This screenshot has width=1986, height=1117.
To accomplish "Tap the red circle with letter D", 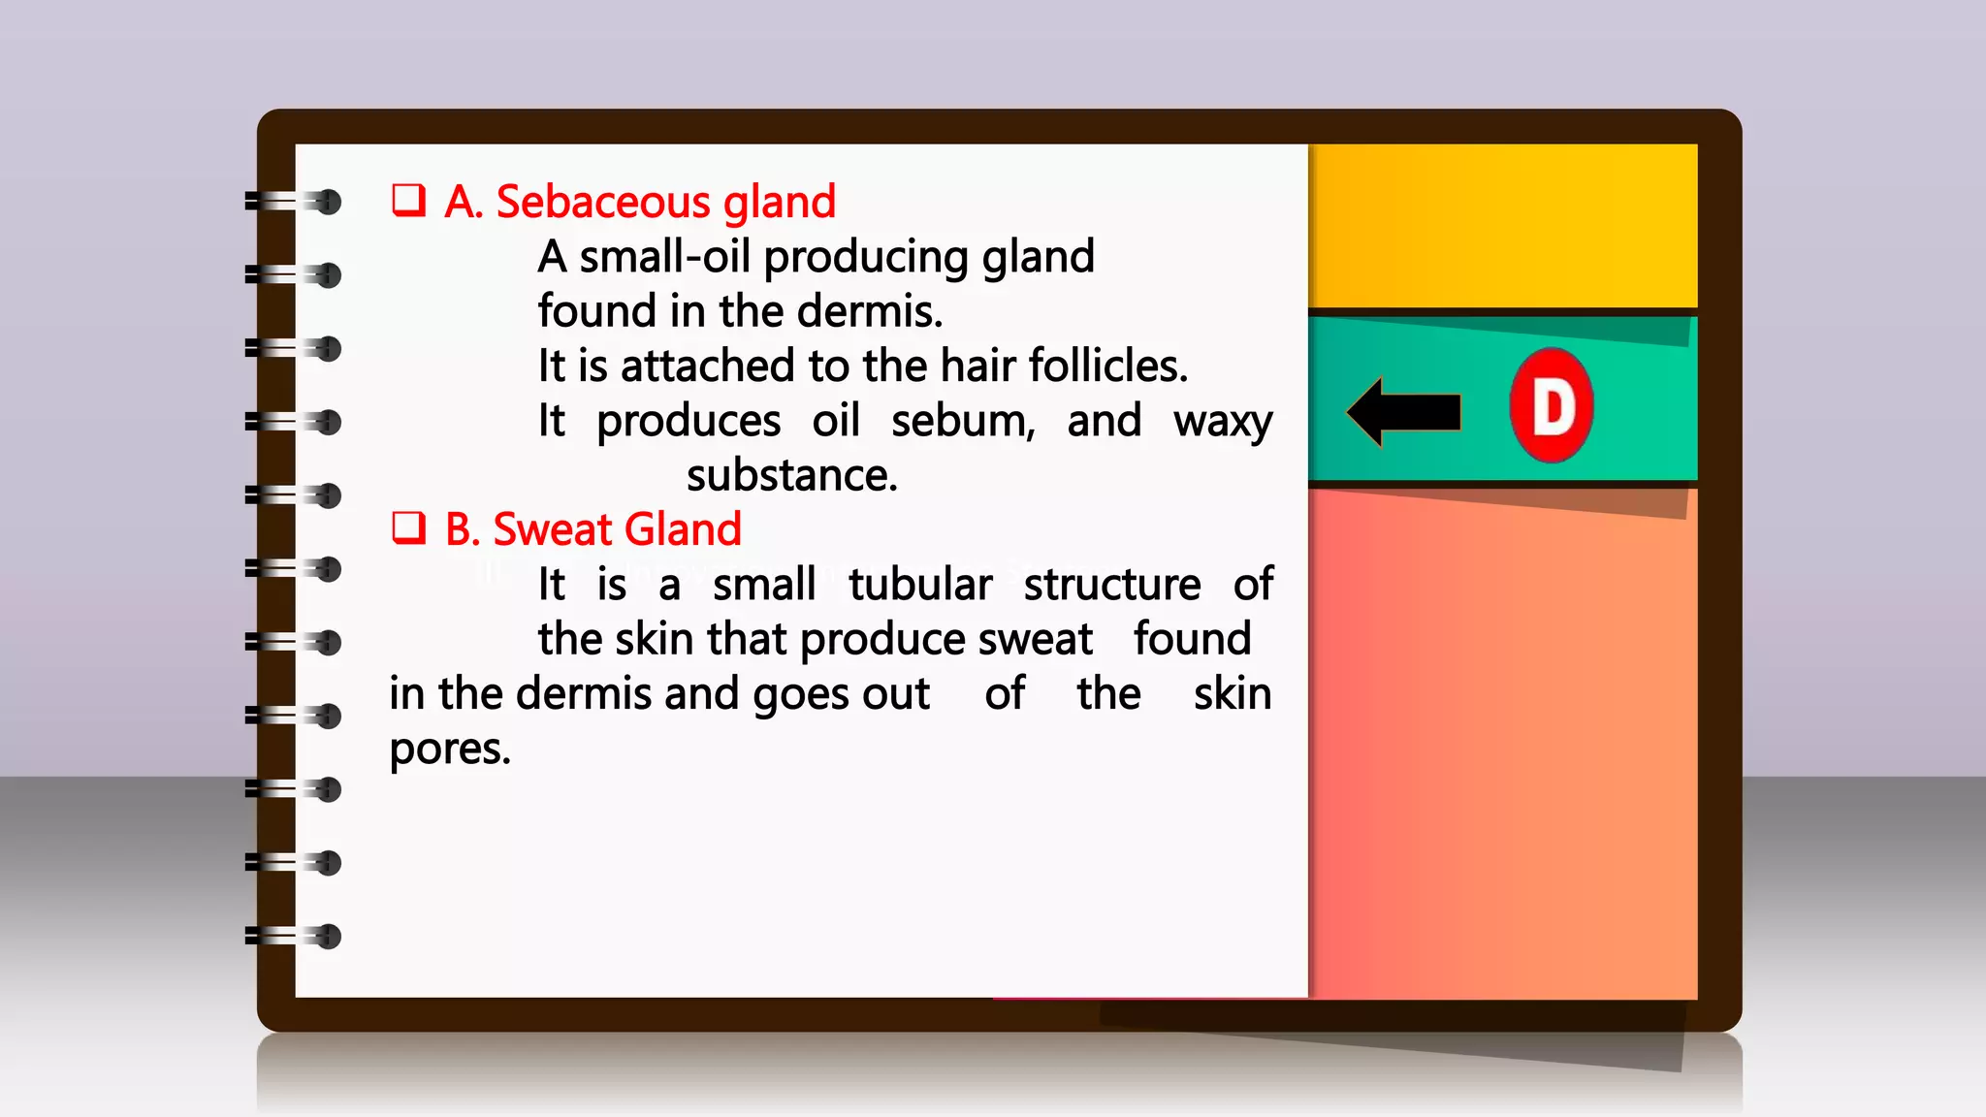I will pyautogui.click(x=1552, y=405).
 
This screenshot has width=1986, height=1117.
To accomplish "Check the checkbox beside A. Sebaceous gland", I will pyautogui.click(x=408, y=200).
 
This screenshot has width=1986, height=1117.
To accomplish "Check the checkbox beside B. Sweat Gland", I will pyautogui.click(x=408, y=527).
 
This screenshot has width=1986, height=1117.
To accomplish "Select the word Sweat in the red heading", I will pyautogui.click(x=553, y=529).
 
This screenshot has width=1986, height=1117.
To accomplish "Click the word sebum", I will pyautogui.click(x=963, y=421).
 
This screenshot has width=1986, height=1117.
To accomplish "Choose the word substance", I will pyautogui.click(x=791, y=475).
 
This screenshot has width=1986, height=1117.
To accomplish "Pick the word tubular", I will pyautogui.click(x=919, y=585).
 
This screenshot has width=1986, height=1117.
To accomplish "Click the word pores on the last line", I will pyautogui.click(x=449, y=750).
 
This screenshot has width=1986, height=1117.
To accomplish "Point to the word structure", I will pyautogui.click(x=1111, y=585).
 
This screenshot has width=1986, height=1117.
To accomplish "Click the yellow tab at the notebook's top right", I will pyautogui.click(x=1503, y=225).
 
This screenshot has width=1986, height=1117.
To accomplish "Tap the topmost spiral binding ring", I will pyautogui.click(x=293, y=202).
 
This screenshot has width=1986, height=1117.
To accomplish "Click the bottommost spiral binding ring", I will pyautogui.click(x=293, y=937).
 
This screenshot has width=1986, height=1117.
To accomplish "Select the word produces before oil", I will pyautogui.click(x=688, y=422).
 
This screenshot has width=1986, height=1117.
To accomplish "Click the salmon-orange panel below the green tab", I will pyautogui.click(x=1503, y=747).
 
